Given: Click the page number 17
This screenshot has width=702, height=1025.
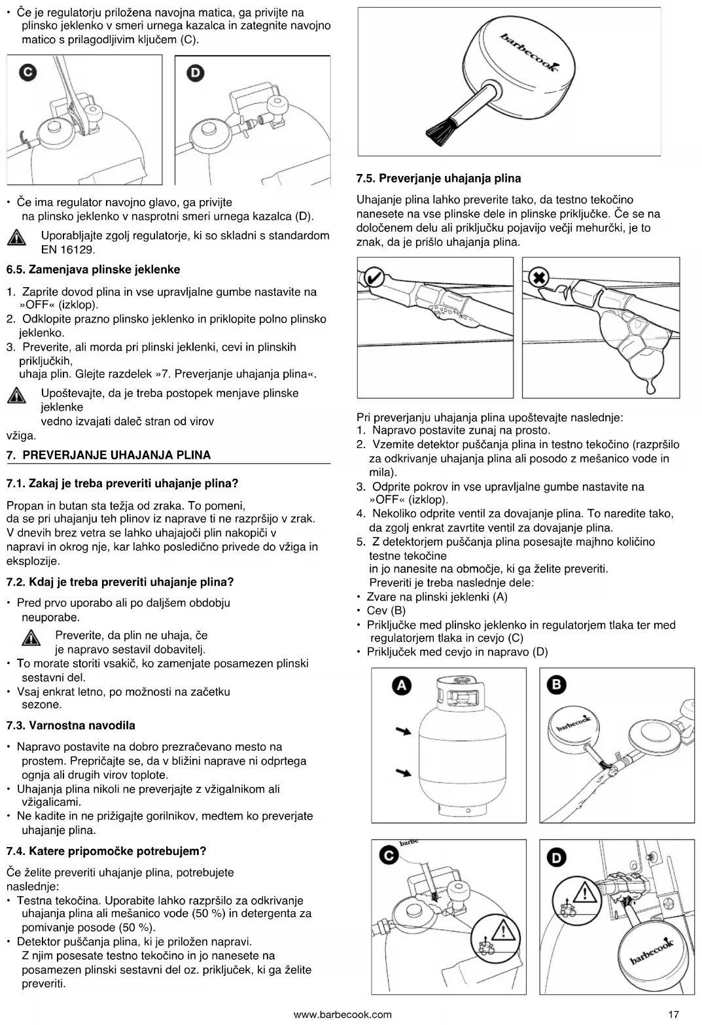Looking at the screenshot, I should tap(673, 1015).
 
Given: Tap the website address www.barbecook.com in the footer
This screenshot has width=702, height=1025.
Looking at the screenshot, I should tap(342, 1015).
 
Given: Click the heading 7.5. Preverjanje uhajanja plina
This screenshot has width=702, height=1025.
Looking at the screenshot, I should tap(438, 178).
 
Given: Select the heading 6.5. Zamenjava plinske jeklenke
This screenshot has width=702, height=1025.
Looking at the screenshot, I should tap(93, 269).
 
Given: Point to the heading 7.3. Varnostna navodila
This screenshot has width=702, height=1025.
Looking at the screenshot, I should tap(71, 725).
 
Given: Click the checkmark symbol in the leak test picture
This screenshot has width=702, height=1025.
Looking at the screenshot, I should tap(373, 277).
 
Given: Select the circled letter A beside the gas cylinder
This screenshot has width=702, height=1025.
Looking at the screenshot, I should tap(401, 685).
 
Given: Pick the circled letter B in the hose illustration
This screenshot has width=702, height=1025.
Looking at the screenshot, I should tap(557, 684).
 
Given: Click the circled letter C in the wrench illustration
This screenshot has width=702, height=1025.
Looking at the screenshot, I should tap(27, 72).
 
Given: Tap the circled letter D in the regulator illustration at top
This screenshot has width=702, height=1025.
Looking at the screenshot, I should tap(195, 73).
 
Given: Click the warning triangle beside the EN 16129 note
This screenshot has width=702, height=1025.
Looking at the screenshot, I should tap(16, 238).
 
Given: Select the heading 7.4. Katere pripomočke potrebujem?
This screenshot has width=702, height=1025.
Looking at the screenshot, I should tap(106, 851).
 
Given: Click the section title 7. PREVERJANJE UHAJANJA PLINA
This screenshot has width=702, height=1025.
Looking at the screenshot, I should tap(109, 455).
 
